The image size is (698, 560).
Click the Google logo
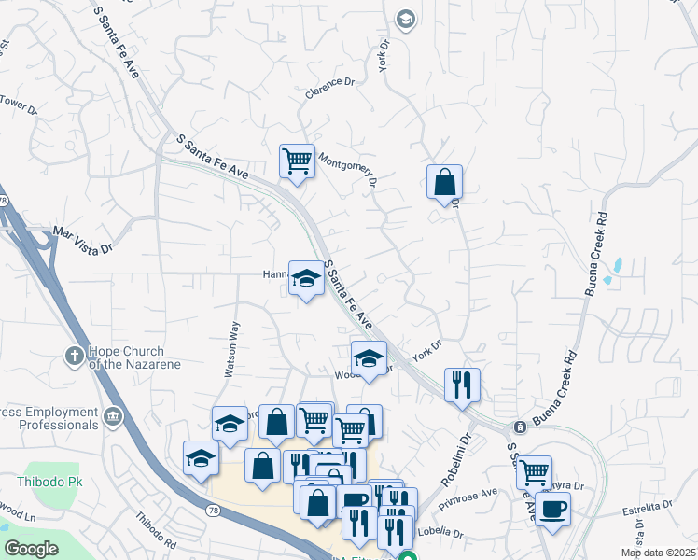click(x=32, y=548)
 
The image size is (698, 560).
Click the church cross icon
click(x=74, y=355)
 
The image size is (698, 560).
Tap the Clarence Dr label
click(x=330, y=88)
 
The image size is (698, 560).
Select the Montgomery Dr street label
click(x=348, y=168)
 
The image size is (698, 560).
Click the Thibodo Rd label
click(x=155, y=529)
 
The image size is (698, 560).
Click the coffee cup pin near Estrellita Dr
click(x=552, y=509)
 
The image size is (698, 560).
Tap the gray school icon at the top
click(x=405, y=19)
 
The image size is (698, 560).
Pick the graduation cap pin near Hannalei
click(x=306, y=277)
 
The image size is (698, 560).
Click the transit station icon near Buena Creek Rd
click(x=520, y=427)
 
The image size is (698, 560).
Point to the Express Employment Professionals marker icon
click(x=113, y=416)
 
